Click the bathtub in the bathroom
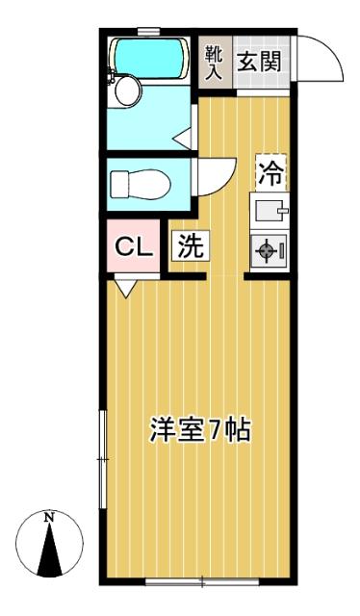coord(148,58)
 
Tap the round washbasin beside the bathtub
coord(129,90)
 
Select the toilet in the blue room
coord(141,184)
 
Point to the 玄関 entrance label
coord(260,62)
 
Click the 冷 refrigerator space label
coord(271,173)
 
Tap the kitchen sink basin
coord(270,211)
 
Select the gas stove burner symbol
coord(266,250)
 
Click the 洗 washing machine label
coord(191,245)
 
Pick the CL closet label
coord(134,247)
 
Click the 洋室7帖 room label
coord(199,430)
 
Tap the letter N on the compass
coord(49,518)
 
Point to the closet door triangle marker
coord(126,288)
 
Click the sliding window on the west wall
coord(103,459)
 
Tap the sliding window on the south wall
coord(202,581)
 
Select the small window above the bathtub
coord(148,31)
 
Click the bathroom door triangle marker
coord(182,139)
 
